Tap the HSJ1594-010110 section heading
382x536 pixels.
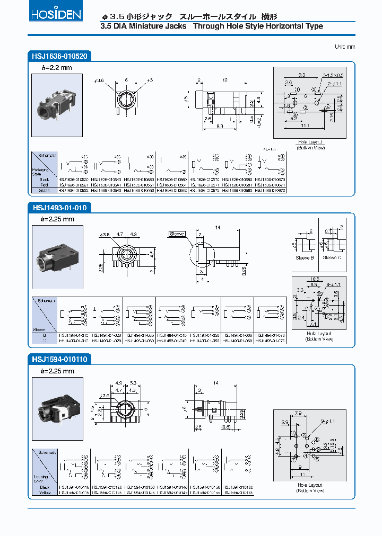59,360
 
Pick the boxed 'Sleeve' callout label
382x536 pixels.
176,234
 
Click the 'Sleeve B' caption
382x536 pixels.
305,257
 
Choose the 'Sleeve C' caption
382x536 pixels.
332,257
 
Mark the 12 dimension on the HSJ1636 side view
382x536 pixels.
225,80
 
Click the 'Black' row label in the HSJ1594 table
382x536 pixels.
44,487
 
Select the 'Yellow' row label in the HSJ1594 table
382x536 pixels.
44,492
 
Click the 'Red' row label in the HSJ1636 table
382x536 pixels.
44,184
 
